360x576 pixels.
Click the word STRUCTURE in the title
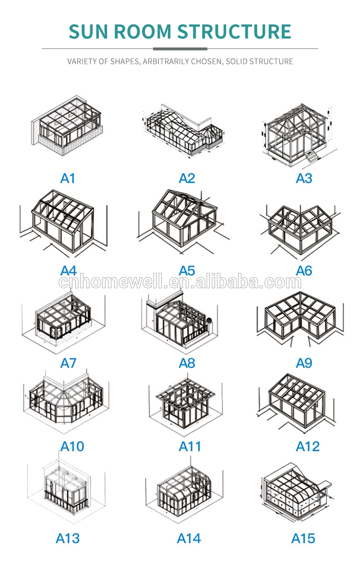235,31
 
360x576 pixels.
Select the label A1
68,178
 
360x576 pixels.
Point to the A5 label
187,271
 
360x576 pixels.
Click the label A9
304,363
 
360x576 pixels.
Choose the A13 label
68,538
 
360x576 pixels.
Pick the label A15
303,538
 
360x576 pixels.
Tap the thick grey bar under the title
180,48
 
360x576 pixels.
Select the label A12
308,447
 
